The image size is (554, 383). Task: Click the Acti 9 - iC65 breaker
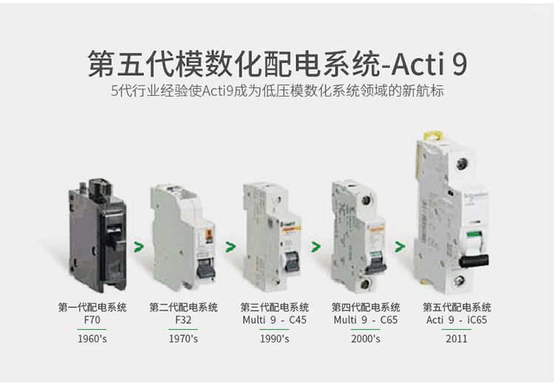tap(453, 214)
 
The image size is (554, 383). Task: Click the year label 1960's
tap(92, 339)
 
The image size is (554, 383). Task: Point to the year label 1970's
tap(183, 339)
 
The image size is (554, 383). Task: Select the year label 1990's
tap(275, 339)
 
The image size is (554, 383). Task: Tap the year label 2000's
tap(366, 339)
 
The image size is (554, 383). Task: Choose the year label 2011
tap(456, 339)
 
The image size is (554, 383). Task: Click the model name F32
tap(183, 320)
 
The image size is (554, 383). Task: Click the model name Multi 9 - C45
tap(275, 320)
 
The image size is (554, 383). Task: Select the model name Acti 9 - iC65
tap(456, 320)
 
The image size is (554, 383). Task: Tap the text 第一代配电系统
tap(92, 307)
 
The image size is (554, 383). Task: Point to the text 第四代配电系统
tap(366, 307)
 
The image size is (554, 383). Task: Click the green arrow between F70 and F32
tap(137, 243)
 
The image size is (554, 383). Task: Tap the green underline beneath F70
tap(92, 328)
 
